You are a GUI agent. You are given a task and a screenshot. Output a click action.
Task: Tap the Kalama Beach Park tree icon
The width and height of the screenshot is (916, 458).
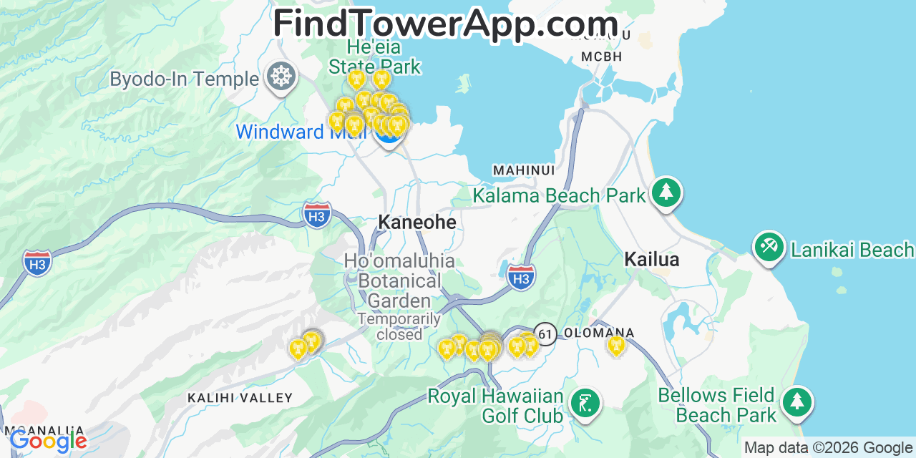coord(666,192)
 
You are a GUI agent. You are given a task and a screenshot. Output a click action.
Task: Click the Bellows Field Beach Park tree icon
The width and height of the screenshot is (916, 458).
coord(796,401)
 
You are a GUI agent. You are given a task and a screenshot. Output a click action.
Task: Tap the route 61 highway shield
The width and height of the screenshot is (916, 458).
coord(545,333)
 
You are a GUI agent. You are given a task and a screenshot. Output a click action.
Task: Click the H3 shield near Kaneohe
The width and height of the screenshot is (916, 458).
coord(316,215)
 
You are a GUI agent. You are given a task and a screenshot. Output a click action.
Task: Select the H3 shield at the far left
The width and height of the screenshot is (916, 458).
coord(37,263)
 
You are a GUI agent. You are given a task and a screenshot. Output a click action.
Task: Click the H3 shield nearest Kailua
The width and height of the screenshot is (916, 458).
coord(521,276)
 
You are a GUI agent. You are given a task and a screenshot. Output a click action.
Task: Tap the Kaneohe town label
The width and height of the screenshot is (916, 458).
coord(416,223)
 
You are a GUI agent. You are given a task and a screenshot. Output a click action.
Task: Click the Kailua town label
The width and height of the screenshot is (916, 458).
coord(651,259)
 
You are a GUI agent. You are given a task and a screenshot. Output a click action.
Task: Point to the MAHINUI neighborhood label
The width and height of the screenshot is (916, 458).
coord(523,170)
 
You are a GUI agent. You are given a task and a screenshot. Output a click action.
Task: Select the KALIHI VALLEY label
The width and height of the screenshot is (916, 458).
coord(240,398)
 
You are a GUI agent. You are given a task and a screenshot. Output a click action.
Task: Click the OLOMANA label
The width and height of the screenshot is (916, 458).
coord(599,333)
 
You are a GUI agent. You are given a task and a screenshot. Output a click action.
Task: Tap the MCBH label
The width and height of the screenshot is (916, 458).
coord(602,57)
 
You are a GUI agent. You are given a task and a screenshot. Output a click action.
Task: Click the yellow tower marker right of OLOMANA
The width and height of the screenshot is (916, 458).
coord(615,346)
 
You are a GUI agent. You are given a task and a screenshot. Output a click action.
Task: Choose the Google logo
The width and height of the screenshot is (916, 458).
coord(47,440)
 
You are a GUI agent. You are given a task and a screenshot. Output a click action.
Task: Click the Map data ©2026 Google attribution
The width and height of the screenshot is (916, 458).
coord(828,448)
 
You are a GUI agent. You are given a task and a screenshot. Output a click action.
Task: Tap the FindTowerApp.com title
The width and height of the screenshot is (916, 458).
coord(445,23)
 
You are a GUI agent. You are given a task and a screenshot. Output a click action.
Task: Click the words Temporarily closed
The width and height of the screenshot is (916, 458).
coord(399,326)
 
